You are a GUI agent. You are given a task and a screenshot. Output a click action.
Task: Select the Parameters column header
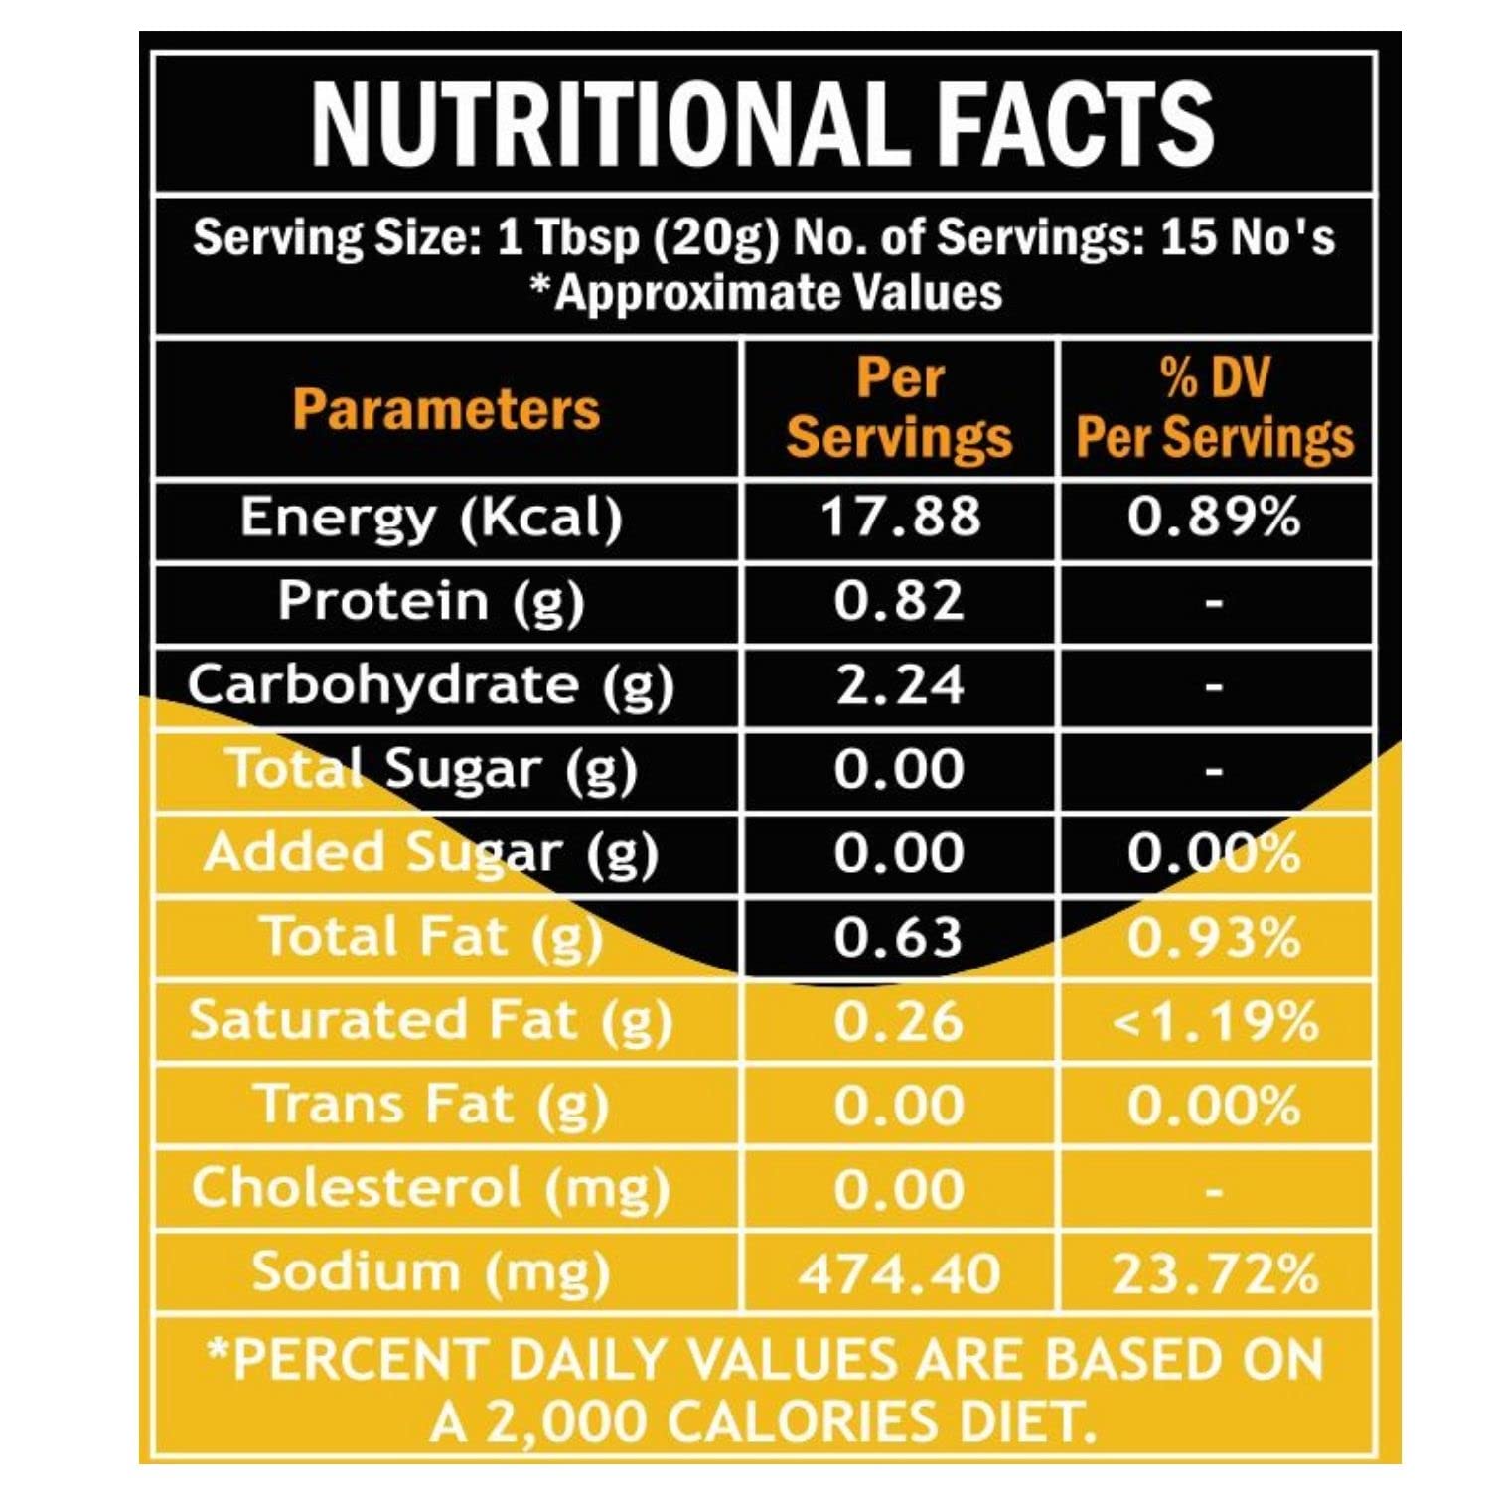pyautogui.click(x=446, y=409)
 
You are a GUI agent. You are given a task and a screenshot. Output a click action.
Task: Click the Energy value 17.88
pyautogui.click(x=900, y=518)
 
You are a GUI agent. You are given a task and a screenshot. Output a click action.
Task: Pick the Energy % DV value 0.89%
pyautogui.click(x=1213, y=518)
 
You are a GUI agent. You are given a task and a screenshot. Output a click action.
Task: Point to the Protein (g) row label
pyautogui.click(x=431, y=601)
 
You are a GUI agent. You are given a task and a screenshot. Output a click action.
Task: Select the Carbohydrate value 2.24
pyautogui.click(x=900, y=685)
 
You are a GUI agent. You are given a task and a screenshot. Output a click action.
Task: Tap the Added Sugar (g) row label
pyautogui.click(x=431, y=853)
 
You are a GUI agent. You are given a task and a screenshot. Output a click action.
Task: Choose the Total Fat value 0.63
pyautogui.click(x=899, y=937)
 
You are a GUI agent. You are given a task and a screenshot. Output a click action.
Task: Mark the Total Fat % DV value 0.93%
pyautogui.click(x=1213, y=937)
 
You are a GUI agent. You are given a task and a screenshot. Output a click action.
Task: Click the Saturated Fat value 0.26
pyautogui.click(x=899, y=1021)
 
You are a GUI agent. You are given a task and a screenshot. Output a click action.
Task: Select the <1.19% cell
pyautogui.click(x=1215, y=1021)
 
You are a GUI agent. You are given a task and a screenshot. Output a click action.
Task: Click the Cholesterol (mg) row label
pyautogui.click(x=431, y=1188)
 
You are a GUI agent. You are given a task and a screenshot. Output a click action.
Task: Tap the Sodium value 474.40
pyautogui.click(x=900, y=1273)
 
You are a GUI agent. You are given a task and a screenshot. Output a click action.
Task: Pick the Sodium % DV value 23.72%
pyautogui.click(x=1215, y=1273)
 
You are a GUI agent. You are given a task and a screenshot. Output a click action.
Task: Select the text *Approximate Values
pyautogui.click(x=765, y=292)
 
